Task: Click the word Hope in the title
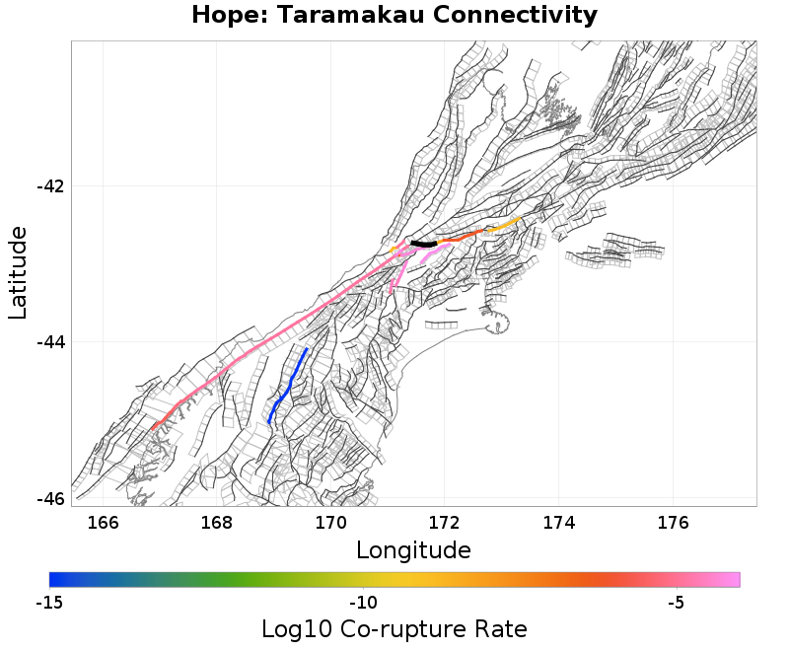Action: click(227, 16)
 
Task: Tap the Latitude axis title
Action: click(18, 272)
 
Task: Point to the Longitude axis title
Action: click(413, 549)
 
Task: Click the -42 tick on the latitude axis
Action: click(50, 186)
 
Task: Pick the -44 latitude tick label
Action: click(50, 342)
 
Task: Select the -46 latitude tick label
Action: click(50, 498)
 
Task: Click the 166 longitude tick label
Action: click(103, 523)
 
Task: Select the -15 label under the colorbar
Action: click(49, 603)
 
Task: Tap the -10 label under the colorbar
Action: click(363, 603)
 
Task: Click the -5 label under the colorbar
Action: click(676, 603)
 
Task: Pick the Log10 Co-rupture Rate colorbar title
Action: click(394, 629)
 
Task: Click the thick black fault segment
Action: click(424, 244)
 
